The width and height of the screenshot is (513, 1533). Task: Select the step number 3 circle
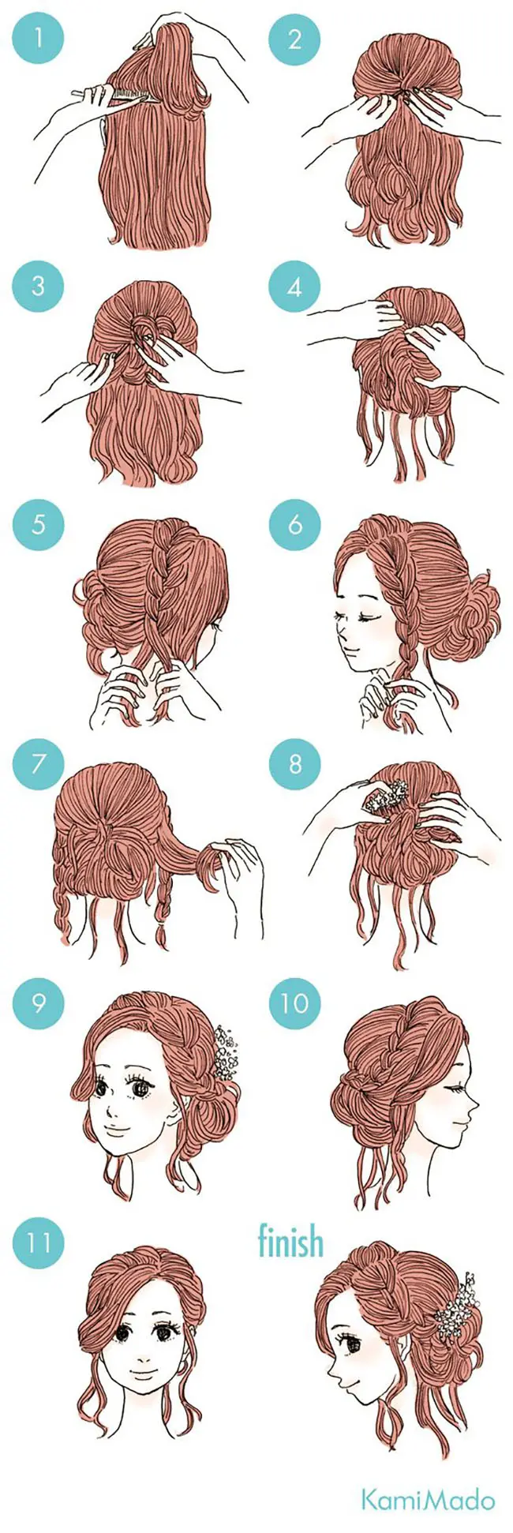[x=38, y=285]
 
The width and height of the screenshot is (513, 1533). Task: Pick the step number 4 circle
[x=294, y=285]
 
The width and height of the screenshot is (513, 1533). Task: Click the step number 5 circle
[x=38, y=523]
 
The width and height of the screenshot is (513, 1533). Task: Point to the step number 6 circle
[x=294, y=523]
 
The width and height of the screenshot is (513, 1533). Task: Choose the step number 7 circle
[x=38, y=763]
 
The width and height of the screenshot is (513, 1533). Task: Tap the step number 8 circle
[x=294, y=763]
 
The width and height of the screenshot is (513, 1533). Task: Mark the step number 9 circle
[x=38, y=1003]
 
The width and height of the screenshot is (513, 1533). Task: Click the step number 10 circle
[x=294, y=1003]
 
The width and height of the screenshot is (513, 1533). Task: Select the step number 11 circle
[x=38, y=1243]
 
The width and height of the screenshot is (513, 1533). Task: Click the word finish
[x=290, y=1241]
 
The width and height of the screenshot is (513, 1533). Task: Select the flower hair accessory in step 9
[x=224, y=1053]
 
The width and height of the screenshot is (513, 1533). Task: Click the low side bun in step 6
[x=471, y=616]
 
